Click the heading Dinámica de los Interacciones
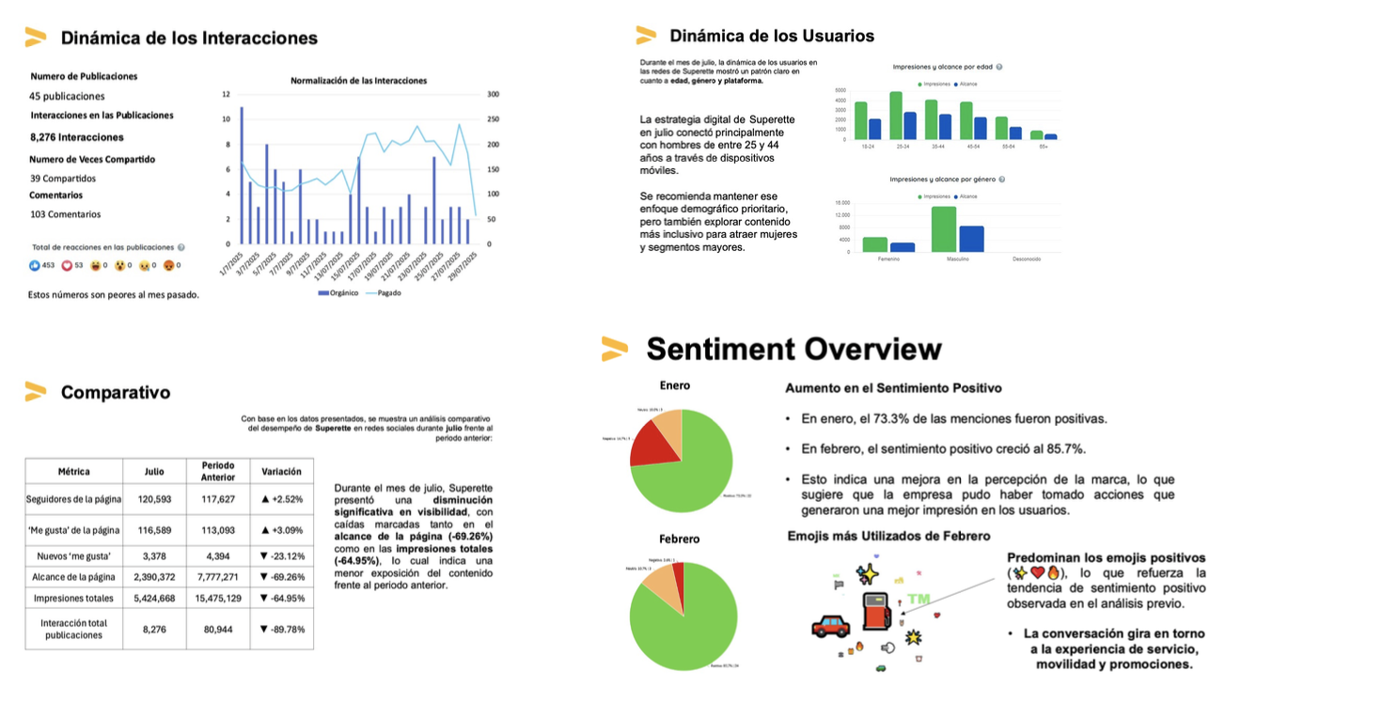click(189, 39)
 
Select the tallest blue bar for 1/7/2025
click(242, 175)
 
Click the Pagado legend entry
click(385, 294)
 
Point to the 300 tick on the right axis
click(493, 95)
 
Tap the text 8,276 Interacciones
click(77, 137)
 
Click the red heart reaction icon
click(67, 266)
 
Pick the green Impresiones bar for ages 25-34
click(896, 116)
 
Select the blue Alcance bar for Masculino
click(971, 239)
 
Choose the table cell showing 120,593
click(154, 500)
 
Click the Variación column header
click(281, 472)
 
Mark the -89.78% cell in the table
click(281, 630)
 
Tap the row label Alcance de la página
click(73, 577)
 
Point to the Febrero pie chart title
click(680, 539)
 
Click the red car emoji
click(830, 627)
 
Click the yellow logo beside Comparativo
click(36, 392)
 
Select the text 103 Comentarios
click(65, 214)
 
